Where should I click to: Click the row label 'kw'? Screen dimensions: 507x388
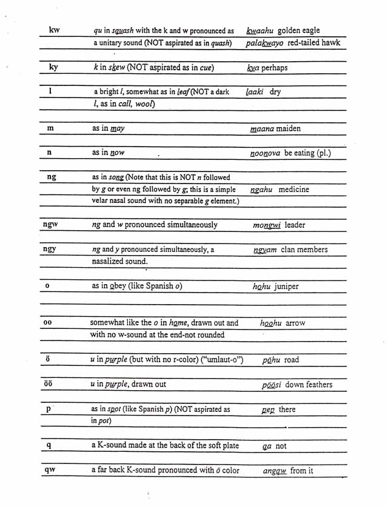click(x=54, y=30)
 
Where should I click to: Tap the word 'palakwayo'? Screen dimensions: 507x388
click(x=267, y=43)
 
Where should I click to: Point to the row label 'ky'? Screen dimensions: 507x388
click(x=53, y=67)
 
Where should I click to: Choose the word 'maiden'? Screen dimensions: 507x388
click(x=288, y=128)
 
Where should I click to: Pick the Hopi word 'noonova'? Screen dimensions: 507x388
click(x=265, y=153)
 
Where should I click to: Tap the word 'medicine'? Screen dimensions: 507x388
click(x=295, y=190)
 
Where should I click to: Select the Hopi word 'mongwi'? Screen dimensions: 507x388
click(x=267, y=225)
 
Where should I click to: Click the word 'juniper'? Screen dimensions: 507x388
click(x=286, y=287)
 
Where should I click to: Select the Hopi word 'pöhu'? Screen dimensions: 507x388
click(x=271, y=360)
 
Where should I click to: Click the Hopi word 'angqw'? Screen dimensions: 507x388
click(x=275, y=471)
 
